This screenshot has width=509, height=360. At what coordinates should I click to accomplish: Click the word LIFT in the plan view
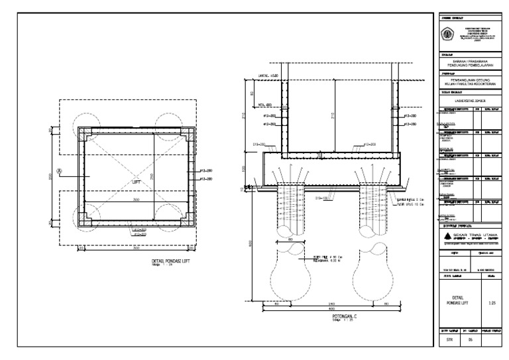(135, 181)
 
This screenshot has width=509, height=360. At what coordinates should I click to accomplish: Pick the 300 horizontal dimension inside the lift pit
(136, 199)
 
